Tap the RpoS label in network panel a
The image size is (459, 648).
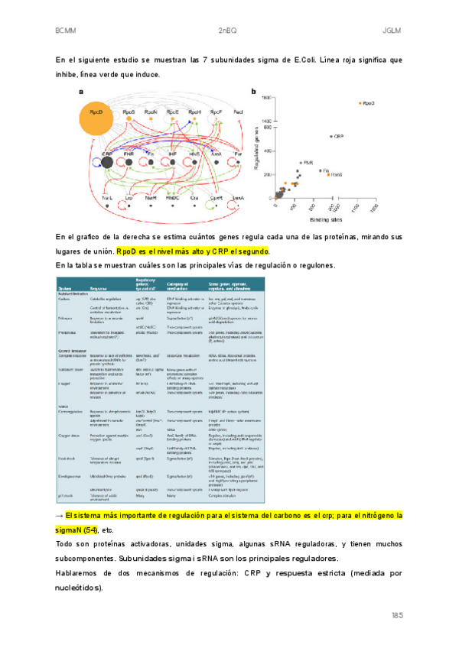(129, 112)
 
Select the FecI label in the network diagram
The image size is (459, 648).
(238, 112)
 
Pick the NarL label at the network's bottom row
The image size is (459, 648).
(150, 198)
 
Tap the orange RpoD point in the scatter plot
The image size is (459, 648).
(359, 102)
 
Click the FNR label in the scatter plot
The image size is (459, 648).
(308, 162)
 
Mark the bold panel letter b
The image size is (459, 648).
(253, 92)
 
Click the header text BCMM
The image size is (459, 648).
(65, 31)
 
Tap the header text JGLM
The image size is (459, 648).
(392, 31)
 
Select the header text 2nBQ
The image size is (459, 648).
(229, 31)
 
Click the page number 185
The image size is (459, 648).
(396, 616)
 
